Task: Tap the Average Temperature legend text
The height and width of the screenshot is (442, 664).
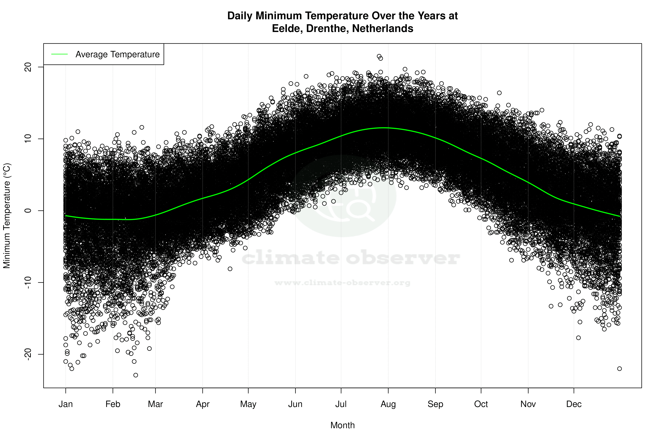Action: click(x=117, y=54)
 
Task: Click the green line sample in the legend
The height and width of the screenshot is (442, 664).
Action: click(x=59, y=54)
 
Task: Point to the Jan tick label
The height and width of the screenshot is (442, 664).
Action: click(x=66, y=404)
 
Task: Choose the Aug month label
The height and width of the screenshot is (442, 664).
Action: click(x=388, y=404)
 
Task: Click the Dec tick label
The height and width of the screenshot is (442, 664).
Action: click(x=574, y=404)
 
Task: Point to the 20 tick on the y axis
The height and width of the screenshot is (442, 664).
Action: click(x=28, y=67)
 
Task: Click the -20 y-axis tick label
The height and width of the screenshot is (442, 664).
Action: click(x=28, y=354)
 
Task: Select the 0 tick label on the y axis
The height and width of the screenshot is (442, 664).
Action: click(x=28, y=211)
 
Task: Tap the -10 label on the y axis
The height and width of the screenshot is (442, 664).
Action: click(x=28, y=283)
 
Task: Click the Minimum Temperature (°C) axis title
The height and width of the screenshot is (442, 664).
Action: click(x=7, y=216)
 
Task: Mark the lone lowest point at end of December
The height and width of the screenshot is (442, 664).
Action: click(x=619, y=369)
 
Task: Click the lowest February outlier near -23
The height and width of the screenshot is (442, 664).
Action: click(x=135, y=375)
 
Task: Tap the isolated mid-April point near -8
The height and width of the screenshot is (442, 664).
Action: click(x=230, y=269)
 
